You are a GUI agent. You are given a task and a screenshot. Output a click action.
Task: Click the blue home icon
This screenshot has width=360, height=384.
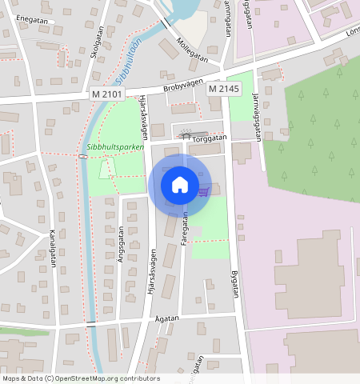180,185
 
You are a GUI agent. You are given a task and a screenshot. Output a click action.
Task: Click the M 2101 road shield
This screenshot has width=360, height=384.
106,94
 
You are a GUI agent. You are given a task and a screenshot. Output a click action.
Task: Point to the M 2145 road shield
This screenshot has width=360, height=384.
224,89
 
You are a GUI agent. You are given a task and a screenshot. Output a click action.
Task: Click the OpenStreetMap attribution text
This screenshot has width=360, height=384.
80,378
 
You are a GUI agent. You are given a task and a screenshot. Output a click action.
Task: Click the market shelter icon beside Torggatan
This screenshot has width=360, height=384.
186,135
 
